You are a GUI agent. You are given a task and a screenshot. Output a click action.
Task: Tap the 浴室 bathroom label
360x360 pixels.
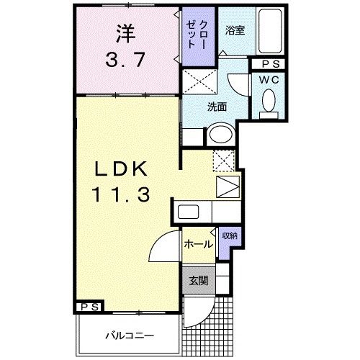[234, 31]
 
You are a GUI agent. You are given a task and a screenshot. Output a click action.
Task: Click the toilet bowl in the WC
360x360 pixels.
[269, 100]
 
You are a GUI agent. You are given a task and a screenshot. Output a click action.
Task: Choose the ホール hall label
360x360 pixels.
[197, 244]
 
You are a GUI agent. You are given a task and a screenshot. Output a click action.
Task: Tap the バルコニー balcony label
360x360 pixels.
[127, 336]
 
